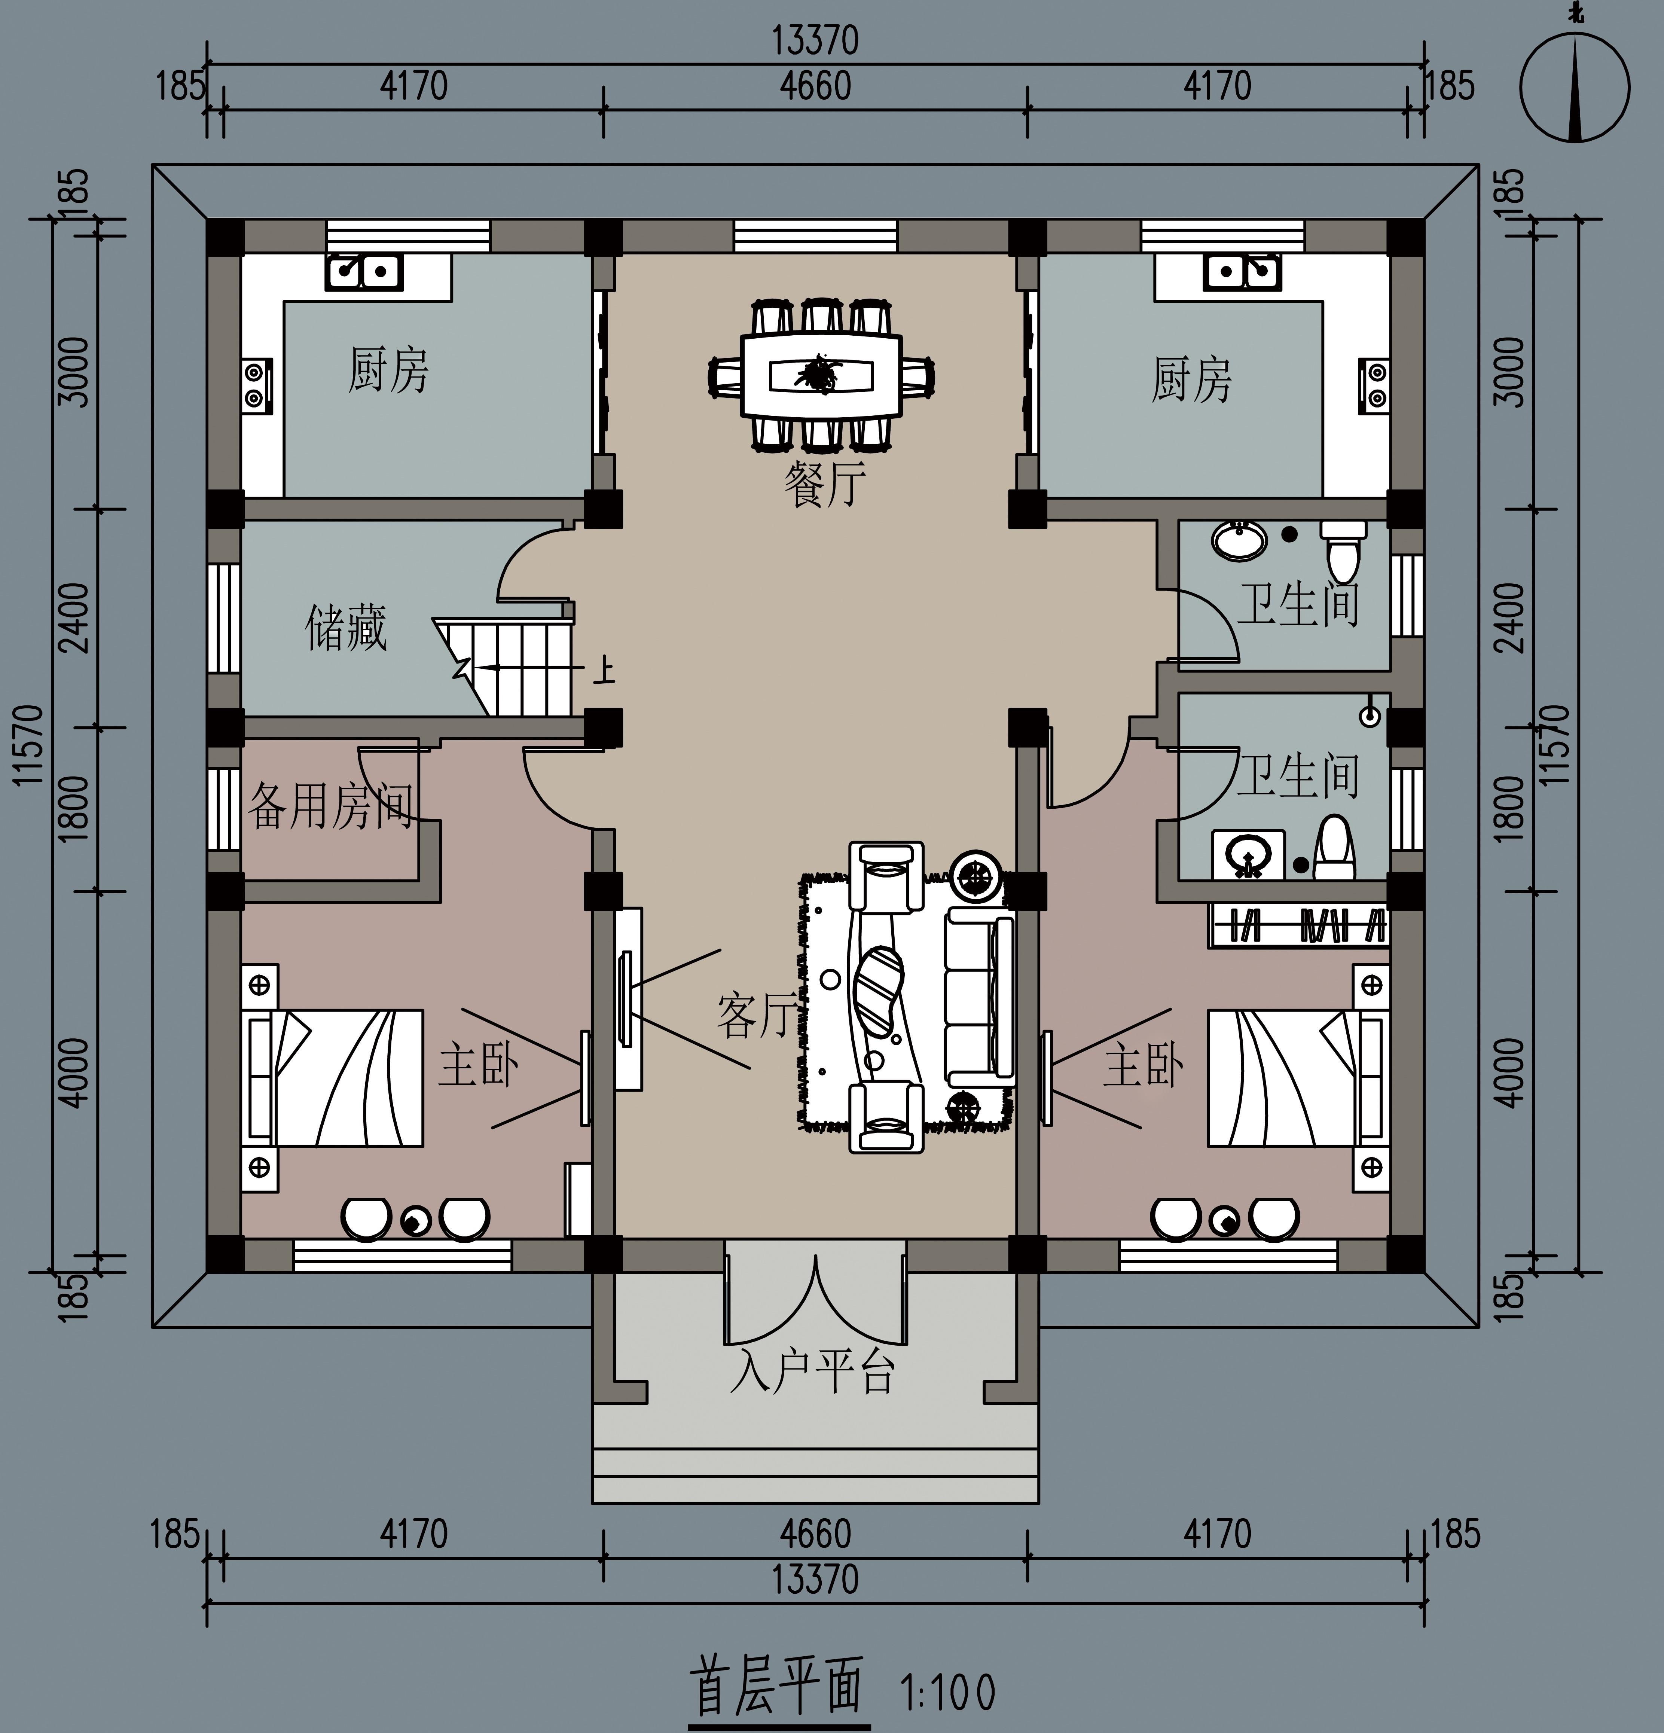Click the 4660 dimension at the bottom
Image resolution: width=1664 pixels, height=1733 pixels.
(x=815, y=1534)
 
